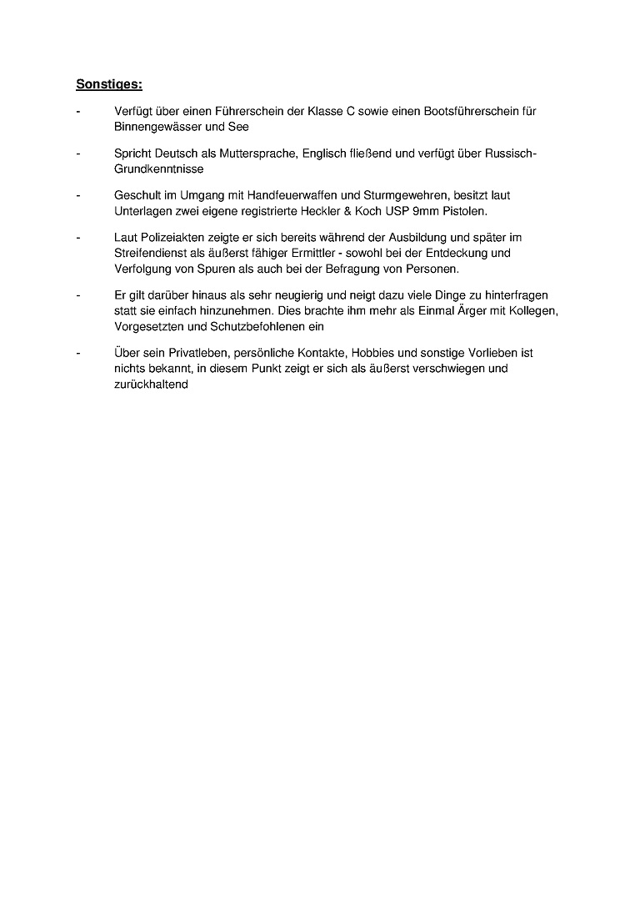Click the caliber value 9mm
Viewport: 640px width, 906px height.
pos(429,211)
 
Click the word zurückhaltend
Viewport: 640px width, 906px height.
pos(151,385)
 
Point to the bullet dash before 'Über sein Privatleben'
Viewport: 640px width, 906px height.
pos(78,353)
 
